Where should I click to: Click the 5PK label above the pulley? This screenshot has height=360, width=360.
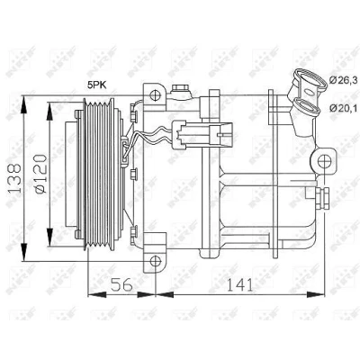[97, 85]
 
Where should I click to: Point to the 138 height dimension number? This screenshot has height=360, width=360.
[14, 178]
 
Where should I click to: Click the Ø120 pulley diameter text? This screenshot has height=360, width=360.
[40, 174]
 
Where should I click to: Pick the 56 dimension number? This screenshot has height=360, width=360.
[121, 284]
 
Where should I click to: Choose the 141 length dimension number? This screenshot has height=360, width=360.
[239, 284]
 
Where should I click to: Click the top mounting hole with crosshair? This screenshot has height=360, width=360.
[155, 94]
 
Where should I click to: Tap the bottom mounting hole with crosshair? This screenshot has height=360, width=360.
[155, 261]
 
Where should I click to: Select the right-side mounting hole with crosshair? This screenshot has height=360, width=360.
[324, 162]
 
